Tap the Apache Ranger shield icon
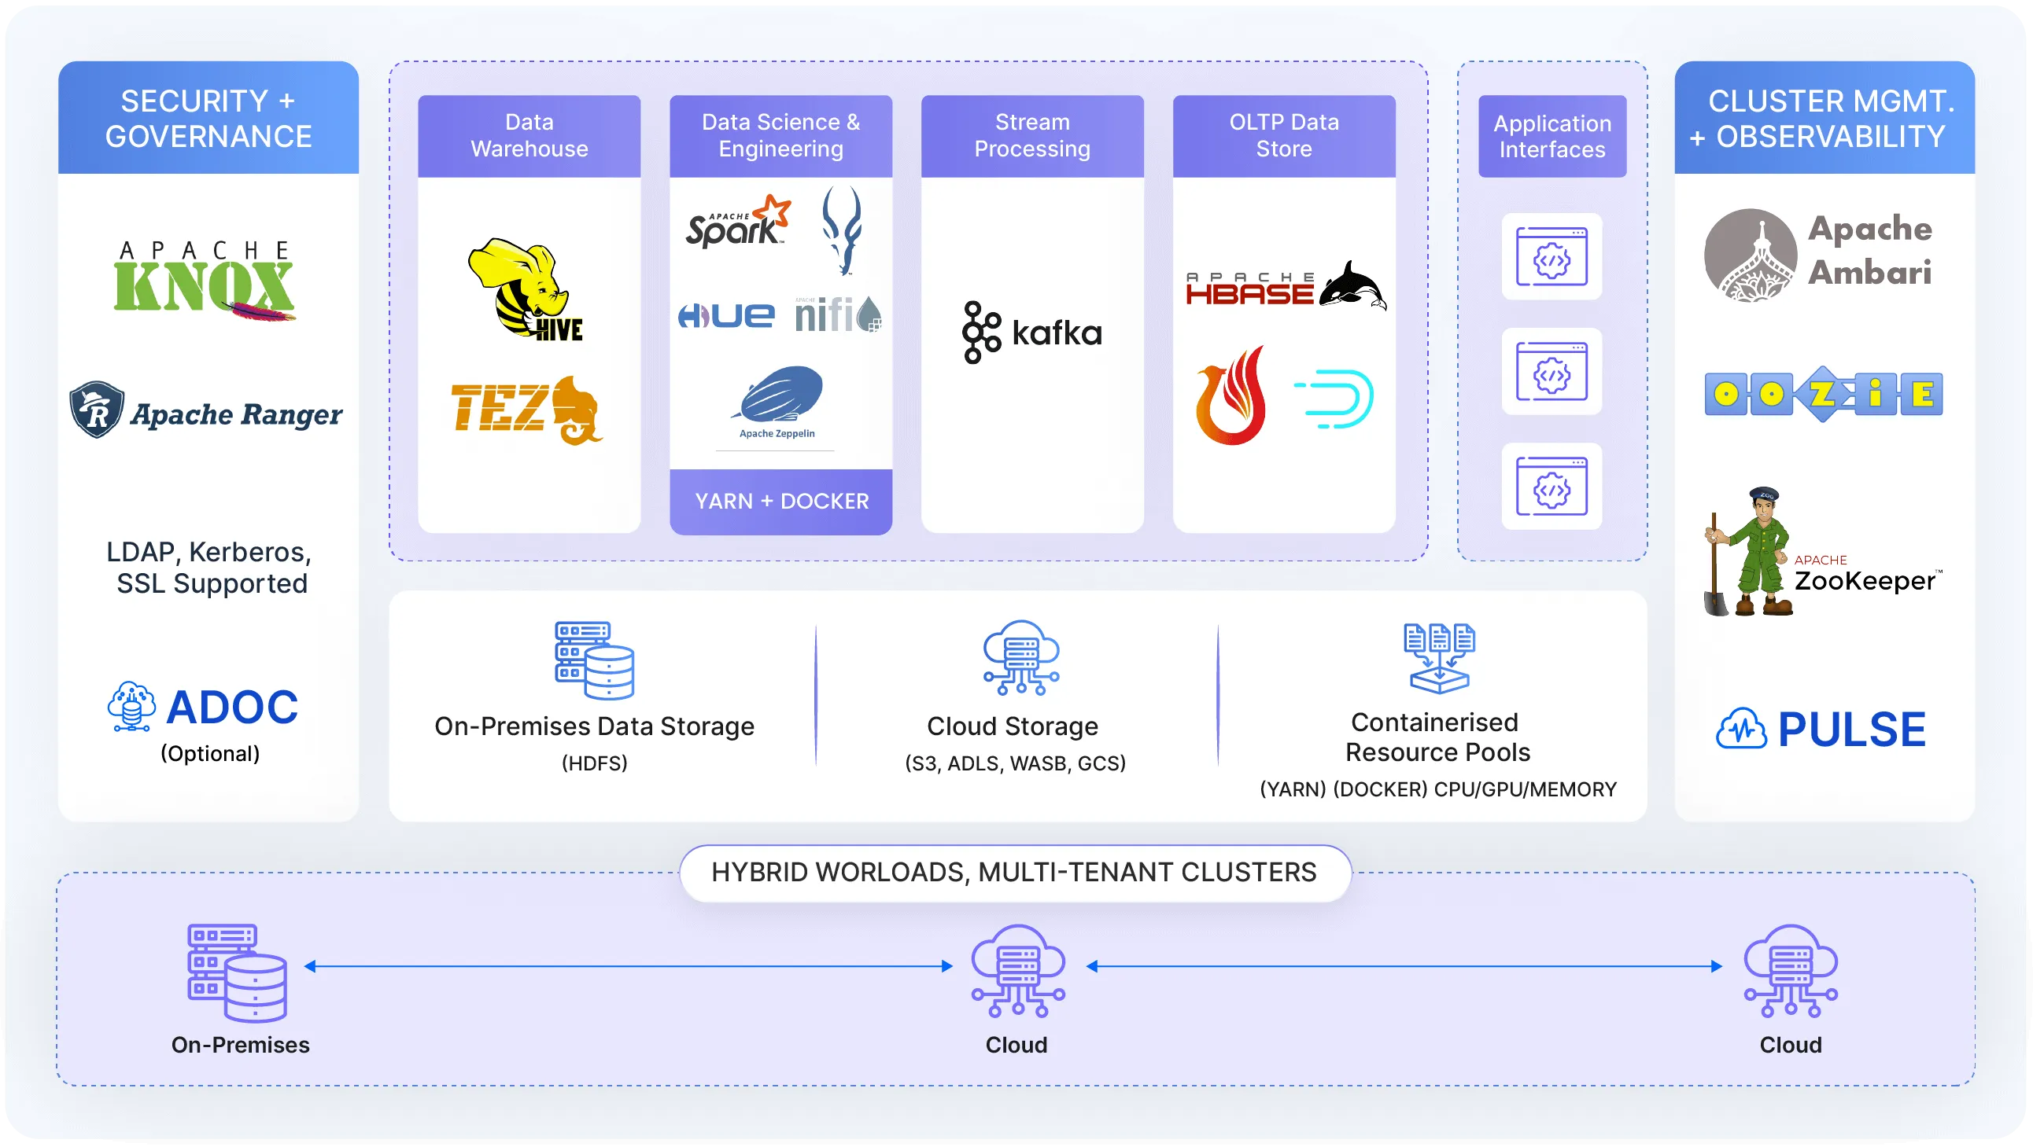(x=97, y=410)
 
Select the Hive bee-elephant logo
(x=524, y=288)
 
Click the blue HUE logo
(x=726, y=315)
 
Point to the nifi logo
(x=837, y=314)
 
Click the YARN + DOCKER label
(x=781, y=501)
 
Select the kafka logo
(x=1031, y=332)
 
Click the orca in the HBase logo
(x=1352, y=286)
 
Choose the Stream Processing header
(x=1031, y=136)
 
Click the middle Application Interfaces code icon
(x=1551, y=372)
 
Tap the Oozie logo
(x=1823, y=395)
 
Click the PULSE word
(x=1850, y=729)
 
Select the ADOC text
(x=232, y=707)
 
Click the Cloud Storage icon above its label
(x=1020, y=657)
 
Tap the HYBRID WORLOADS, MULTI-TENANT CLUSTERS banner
(x=1015, y=873)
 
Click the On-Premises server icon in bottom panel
(x=237, y=972)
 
